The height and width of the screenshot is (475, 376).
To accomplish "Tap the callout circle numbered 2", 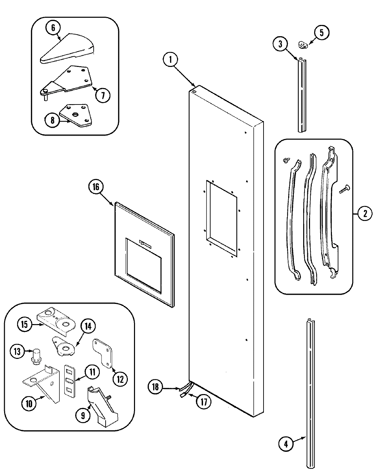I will coord(365,214).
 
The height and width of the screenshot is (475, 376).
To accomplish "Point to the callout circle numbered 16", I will coord(96,187).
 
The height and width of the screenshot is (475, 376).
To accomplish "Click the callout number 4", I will coord(286,444).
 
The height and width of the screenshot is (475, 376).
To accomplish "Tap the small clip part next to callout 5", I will coord(303,44).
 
